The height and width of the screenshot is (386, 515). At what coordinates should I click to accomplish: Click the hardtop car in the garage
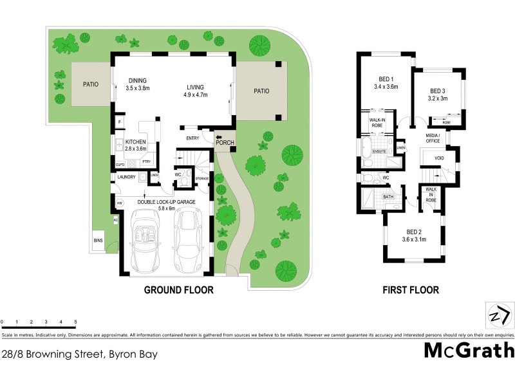[189, 239]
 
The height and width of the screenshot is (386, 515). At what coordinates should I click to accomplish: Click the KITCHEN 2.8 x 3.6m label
[135, 145]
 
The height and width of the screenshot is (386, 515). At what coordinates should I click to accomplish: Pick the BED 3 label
[437, 95]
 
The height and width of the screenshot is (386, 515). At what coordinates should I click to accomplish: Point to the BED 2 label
[414, 235]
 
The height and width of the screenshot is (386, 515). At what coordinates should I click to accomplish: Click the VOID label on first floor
[439, 157]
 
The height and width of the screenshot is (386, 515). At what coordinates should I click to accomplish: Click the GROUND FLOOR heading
[178, 290]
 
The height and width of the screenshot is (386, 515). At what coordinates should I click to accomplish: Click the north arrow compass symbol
[499, 317]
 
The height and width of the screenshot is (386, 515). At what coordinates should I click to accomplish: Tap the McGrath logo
[469, 351]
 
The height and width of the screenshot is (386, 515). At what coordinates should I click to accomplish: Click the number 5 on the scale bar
[76, 322]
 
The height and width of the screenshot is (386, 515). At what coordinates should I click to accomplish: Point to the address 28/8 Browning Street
[79, 353]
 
